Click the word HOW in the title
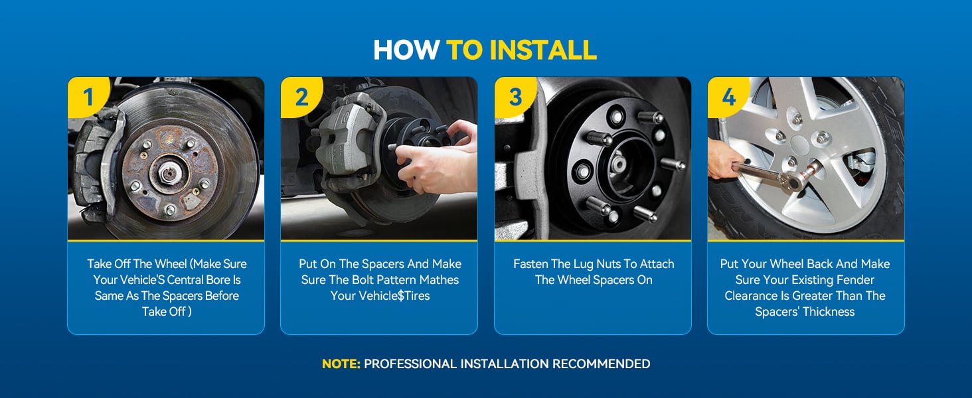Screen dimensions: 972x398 point(406,50)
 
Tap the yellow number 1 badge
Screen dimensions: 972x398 point(88,96)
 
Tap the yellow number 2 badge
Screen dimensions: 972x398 point(301,96)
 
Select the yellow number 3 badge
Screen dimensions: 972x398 point(515,96)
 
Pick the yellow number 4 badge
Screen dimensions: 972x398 point(728,96)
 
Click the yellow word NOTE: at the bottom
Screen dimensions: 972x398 point(341,364)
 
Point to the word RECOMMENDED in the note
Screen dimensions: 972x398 point(601,364)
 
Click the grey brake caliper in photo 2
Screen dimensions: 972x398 point(348,138)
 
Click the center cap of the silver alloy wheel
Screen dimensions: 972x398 point(800,145)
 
